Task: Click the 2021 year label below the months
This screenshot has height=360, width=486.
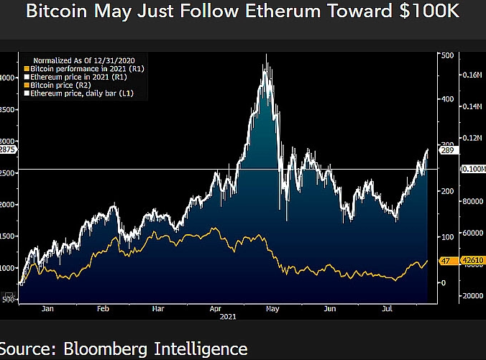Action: tap(228, 316)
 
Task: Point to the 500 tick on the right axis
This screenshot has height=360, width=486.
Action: tap(446, 56)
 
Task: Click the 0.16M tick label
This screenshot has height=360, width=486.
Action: tap(472, 75)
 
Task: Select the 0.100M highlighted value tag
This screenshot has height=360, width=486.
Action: tap(472, 169)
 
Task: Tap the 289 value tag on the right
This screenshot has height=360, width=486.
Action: tap(446, 152)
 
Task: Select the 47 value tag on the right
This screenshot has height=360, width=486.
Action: tap(445, 261)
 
